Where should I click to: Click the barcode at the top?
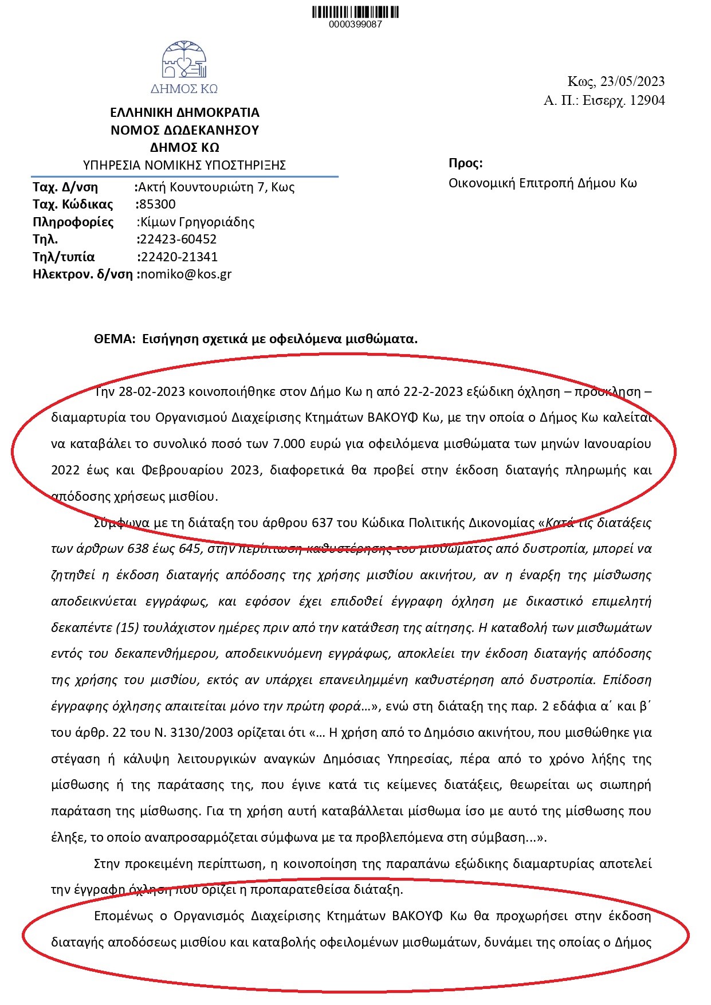(355, 12)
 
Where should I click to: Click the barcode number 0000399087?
(355, 25)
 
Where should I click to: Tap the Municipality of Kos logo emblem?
(184, 61)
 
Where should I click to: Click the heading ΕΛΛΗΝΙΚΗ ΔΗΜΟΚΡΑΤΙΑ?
(184, 112)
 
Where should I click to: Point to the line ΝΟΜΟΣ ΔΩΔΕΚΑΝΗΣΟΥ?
(184, 130)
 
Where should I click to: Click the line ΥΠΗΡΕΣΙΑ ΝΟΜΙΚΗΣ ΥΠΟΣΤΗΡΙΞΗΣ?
(184, 166)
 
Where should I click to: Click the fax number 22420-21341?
(179, 257)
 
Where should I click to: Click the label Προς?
(465, 163)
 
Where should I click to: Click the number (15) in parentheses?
(127, 627)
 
